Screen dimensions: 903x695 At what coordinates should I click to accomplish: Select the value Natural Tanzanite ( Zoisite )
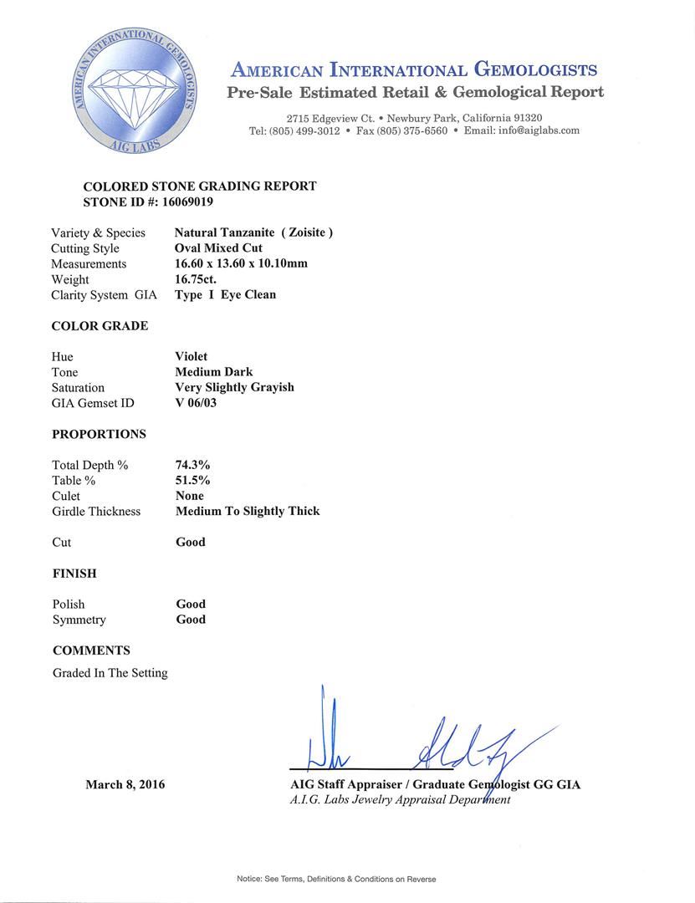click(253, 232)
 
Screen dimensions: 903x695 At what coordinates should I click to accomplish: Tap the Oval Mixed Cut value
click(218, 248)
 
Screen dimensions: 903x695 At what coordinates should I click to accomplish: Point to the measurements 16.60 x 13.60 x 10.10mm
click(241, 263)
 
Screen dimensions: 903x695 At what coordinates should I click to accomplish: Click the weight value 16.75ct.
click(197, 279)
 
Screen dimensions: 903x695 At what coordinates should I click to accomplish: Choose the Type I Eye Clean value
click(225, 294)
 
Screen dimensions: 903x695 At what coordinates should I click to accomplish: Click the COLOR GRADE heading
click(100, 326)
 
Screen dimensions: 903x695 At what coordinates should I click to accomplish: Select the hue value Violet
click(192, 356)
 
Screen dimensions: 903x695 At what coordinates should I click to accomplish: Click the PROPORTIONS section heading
click(99, 434)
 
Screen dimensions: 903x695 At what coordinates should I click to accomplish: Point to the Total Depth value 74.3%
click(190, 465)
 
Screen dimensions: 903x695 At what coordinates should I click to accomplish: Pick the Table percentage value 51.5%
click(192, 480)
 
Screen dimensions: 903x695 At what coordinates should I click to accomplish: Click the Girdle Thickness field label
click(96, 511)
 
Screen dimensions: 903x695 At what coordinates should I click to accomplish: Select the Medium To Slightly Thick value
click(248, 511)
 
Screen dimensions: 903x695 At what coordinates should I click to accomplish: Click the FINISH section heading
click(74, 574)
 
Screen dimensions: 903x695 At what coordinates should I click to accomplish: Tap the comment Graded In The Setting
click(110, 672)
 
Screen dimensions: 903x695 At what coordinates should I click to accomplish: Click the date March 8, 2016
click(125, 784)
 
